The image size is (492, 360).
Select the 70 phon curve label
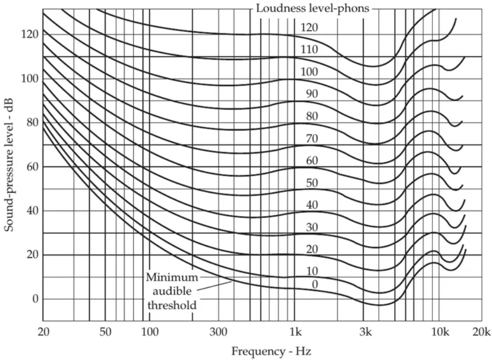tap(312, 138)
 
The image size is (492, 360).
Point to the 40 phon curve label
tap(312, 205)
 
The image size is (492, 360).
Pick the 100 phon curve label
tap(309, 72)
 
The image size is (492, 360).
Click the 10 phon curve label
tap(312, 272)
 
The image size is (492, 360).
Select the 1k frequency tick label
tap(295, 332)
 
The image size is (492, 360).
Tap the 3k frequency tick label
tap(366, 332)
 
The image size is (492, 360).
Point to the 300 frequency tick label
tap(218, 332)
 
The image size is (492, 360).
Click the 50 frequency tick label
tap(105, 332)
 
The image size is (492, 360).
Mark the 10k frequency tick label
tap(438, 332)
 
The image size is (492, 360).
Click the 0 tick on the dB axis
tap(34, 299)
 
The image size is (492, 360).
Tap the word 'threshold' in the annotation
tap(172, 305)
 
